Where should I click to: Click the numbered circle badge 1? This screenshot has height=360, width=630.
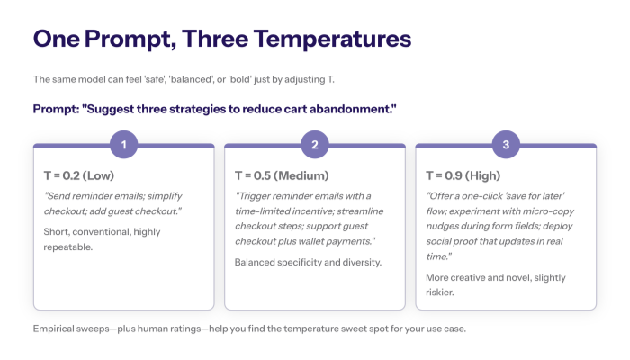coord(123,145)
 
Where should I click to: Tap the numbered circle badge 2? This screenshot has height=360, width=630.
coord(314,145)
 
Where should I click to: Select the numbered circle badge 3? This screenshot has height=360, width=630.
coord(505,145)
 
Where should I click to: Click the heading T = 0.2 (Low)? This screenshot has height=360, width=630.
coord(79,175)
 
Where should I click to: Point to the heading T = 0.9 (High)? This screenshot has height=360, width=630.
coord(466,175)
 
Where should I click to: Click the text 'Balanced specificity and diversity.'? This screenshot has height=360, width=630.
coord(307,262)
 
